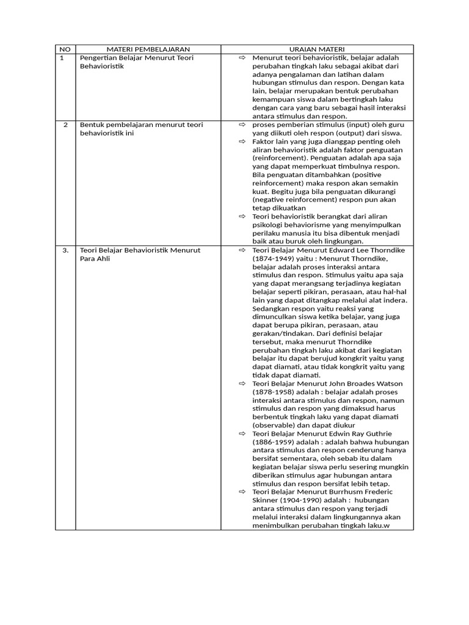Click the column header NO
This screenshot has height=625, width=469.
(x=64, y=49)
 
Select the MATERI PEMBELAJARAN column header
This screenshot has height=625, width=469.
(x=148, y=49)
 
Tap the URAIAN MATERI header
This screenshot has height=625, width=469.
(x=317, y=49)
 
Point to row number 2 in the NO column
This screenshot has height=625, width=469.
(x=65, y=125)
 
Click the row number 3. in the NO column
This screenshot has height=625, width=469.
(x=65, y=250)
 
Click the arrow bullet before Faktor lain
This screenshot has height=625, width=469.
(x=241, y=142)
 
